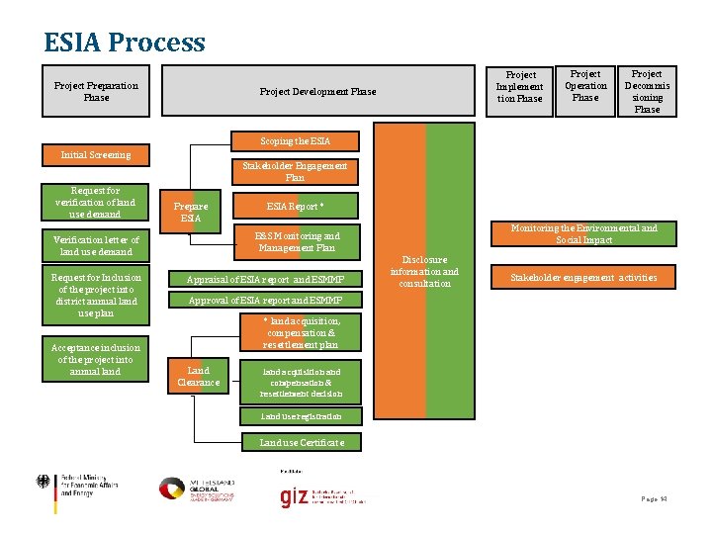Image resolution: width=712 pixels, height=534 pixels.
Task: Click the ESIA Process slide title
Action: pyautogui.click(x=125, y=43)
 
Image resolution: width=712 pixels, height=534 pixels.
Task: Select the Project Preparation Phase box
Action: pyautogui.click(x=96, y=91)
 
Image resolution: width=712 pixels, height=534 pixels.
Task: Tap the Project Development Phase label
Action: pyautogui.click(x=317, y=92)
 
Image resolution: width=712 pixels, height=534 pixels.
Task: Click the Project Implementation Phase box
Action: pyautogui.click(x=520, y=87)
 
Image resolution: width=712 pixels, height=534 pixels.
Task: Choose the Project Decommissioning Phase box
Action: pyautogui.click(x=647, y=91)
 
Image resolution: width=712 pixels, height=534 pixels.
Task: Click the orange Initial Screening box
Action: pyautogui.click(x=96, y=155)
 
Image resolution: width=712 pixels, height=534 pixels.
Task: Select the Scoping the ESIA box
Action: pyautogui.click(x=295, y=141)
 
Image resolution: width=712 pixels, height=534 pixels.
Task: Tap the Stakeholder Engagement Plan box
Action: pyautogui.click(x=295, y=172)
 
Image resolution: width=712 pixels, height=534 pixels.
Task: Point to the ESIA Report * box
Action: pyautogui.click(x=295, y=207)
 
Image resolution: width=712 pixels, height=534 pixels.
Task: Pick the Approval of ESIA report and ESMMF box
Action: pyautogui.click(x=266, y=300)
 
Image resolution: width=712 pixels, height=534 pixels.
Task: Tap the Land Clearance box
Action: pyautogui.click(x=198, y=376)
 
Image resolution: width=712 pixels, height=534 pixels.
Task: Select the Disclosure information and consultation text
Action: pyautogui.click(x=424, y=272)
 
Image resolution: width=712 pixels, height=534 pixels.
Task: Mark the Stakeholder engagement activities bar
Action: pyautogui.click(x=582, y=278)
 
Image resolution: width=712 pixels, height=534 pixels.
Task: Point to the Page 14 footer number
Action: pyautogui.click(x=652, y=499)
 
